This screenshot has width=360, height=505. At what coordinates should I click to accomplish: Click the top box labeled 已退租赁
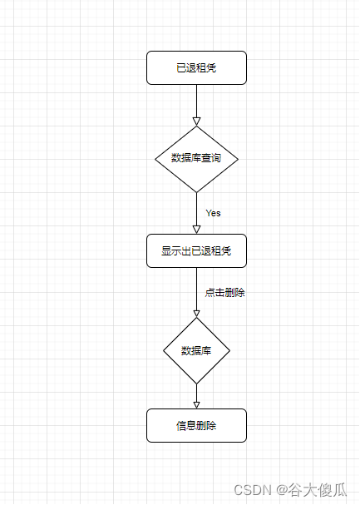(x=196, y=67)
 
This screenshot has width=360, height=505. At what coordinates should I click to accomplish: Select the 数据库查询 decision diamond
(x=196, y=159)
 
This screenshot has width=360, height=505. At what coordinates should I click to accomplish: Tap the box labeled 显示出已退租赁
(x=196, y=250)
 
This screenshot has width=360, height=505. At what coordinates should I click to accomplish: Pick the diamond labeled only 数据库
(x=196, y=350)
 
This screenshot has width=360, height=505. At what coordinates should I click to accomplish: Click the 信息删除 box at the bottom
(x=196, y=425)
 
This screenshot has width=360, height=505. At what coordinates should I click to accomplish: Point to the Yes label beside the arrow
(x=213, y=213)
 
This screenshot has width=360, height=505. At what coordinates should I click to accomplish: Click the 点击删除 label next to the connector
(x=224, y=293)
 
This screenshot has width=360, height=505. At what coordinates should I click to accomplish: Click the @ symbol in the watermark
(x=282, y=490)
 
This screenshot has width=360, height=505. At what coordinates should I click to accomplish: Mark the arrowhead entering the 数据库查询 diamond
(x=196, y=121)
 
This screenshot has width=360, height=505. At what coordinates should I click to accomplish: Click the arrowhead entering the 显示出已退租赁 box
(x=196, y=230)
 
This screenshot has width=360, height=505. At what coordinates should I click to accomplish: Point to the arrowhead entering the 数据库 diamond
(x=196, y=313)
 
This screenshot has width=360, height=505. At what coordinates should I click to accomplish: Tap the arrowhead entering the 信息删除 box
(x=196, y=404)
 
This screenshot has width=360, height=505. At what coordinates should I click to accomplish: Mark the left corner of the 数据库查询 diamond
(x=156, y=159)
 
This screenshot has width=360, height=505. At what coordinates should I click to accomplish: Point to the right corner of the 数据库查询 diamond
(x=238, y=159)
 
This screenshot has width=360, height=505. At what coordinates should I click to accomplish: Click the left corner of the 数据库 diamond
(x=164, y=350)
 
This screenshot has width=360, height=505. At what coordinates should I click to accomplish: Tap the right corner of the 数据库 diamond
(x=229, y=350)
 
